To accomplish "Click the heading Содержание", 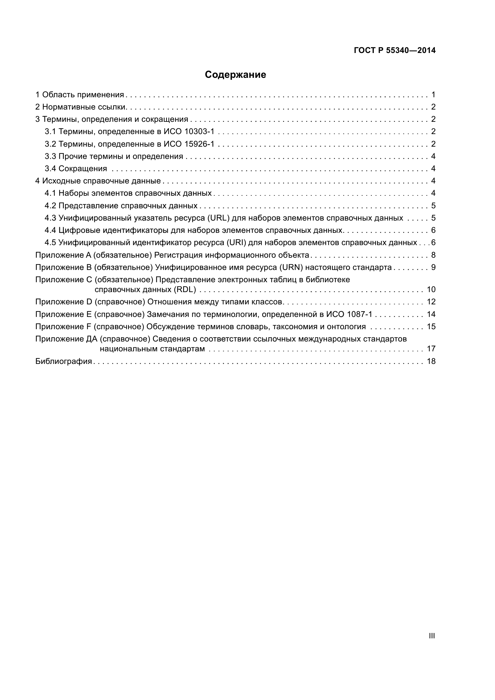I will pos(235,75).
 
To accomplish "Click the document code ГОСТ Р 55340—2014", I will pos(395,50).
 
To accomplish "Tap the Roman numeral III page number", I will pos(432,636).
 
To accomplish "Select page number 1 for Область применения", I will pos(433,95).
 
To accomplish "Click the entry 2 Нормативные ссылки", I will pos(81,107).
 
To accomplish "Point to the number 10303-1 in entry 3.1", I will pos(199,132).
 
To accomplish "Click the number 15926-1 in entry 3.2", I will pos(199,144).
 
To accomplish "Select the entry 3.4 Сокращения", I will pos(76,168).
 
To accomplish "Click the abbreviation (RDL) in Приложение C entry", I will pos(184,289).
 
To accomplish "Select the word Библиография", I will pos(64,362).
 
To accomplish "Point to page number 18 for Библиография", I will pos(431,362).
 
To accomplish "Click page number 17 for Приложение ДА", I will pos(431,349).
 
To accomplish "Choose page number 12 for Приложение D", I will pos(431,302).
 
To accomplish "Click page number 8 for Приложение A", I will pos(433,255).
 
